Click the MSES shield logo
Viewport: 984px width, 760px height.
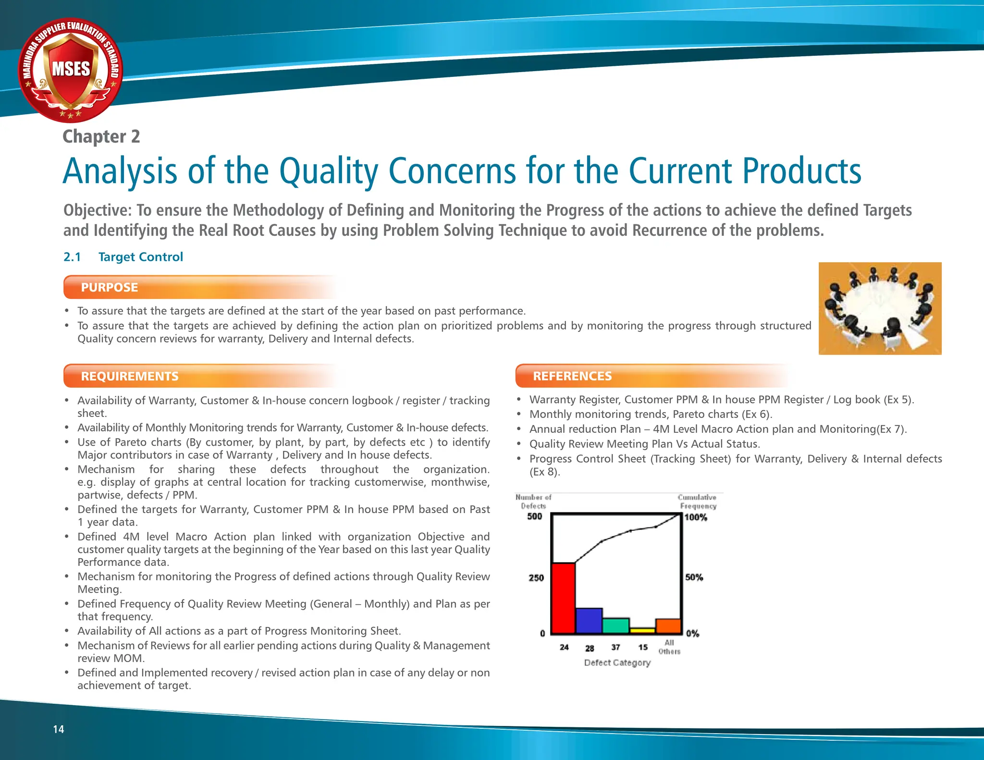point(71,70)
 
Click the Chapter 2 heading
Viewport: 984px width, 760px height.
point(101,136)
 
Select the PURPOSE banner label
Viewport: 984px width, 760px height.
point(110,287)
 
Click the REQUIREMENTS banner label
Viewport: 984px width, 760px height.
point(130,376)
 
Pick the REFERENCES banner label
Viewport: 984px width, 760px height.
point(572,376)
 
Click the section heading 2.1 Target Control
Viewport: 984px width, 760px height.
point(123,257)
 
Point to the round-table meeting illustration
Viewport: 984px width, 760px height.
point(880,308)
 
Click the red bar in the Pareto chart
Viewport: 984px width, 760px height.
point(563,598)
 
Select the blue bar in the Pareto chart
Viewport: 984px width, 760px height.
point(589,621)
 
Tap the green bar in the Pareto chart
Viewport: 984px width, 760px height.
point(615,625)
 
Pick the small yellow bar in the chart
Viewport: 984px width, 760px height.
point(642,630)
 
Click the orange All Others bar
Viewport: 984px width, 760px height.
point(668,626)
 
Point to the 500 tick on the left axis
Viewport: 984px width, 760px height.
point(535,516)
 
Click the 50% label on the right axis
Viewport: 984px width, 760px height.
point(694,577)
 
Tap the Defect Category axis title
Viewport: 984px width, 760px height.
point(617,663)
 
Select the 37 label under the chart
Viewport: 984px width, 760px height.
point(615,648)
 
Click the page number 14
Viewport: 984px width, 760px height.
point(59,729)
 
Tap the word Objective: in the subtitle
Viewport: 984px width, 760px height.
point(98,210)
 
